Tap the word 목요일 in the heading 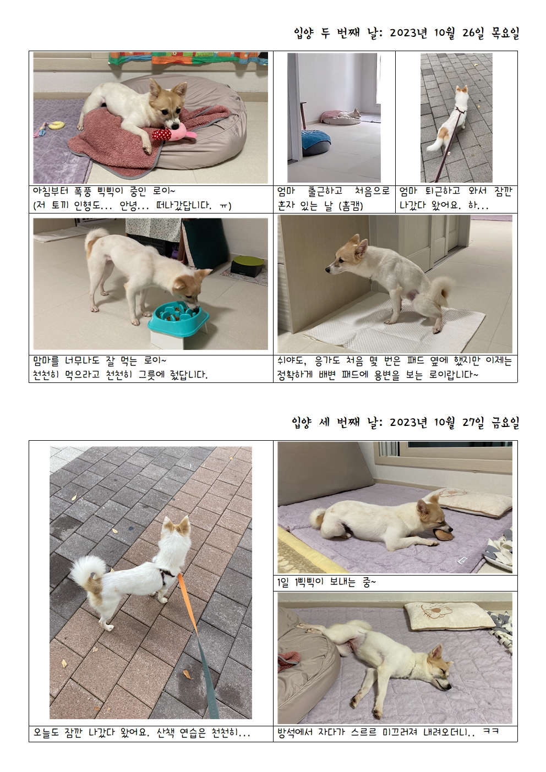click(505, 34)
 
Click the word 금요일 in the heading click(505, 423)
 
